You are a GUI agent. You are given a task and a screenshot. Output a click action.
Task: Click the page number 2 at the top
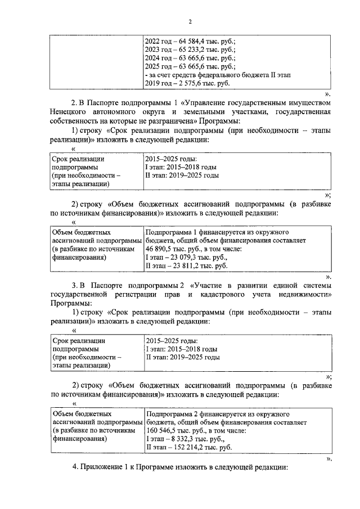[190, 22]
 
